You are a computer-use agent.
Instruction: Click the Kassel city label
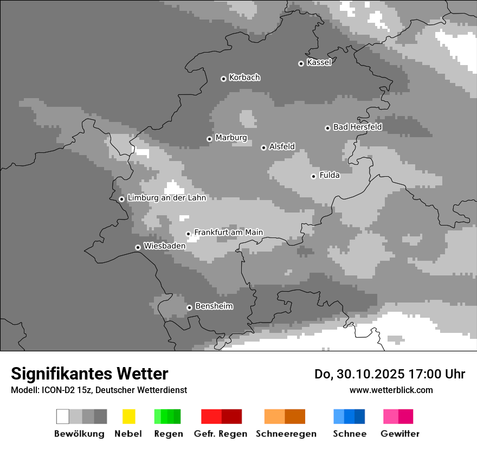coord(319,62)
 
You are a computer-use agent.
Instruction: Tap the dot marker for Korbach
coord(223,79)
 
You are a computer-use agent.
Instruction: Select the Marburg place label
coord(231,138)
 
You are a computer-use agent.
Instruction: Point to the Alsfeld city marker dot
coord(263,147)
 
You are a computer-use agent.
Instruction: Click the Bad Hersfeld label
coord(357,127)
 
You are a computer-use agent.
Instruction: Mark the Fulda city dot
coord(313,176)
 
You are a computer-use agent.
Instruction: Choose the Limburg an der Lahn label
coord(166,198)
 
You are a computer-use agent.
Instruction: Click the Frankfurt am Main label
coord(228,233)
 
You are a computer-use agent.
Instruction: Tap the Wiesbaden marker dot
coord(138,247)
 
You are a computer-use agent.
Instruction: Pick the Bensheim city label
coord(214,306)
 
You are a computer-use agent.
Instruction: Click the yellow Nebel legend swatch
coord(128,416)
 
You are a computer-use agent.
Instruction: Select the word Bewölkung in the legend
coord(79,434)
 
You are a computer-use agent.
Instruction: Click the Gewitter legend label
coord(400,434)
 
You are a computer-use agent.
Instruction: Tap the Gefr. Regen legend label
coord(221,434)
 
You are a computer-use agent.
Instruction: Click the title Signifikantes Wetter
coord(89,374)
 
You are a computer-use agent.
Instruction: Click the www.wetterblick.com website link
coord(391,390)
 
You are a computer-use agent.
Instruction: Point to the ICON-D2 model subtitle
coord(99,390)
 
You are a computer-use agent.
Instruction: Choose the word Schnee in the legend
coord(350,434)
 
